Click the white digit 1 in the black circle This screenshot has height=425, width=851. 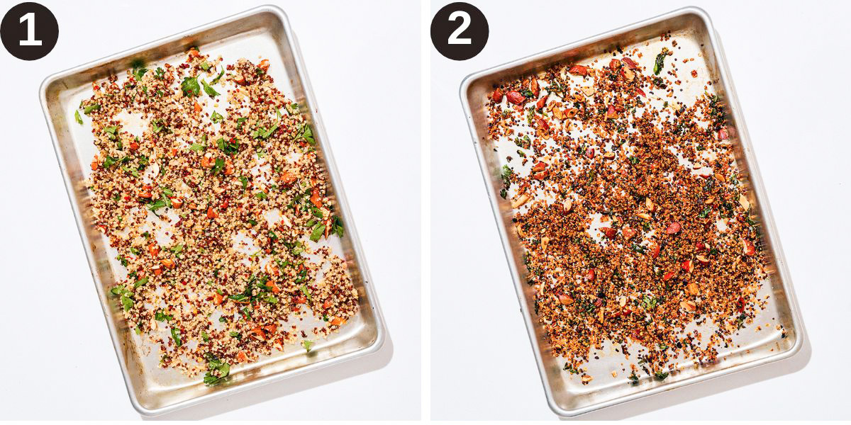pyautogui.click(x=30, y=30)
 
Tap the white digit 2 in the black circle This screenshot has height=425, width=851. pyautogui.click(x=460, y=30)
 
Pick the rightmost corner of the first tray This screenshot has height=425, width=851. pyautogui.click(x=381, y=338)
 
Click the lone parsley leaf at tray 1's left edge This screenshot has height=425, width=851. pyautogui.click(x=78, y=117)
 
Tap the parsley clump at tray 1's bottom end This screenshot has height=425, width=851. pyautogui.click(x=216, y=369)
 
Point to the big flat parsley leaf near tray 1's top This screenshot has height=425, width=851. pyautogui.click(x=190, y=86)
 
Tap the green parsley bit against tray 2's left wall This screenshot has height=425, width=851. pyautogui.click(x=505, y=174)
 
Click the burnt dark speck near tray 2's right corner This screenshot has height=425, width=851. pyautogui.click(x=784, y=334)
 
